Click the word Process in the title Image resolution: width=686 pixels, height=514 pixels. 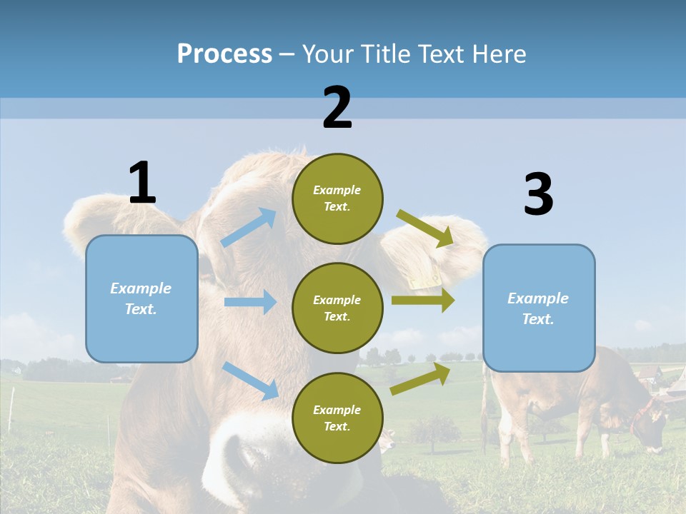click(224, 54)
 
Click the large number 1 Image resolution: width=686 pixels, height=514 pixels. click(142, 183)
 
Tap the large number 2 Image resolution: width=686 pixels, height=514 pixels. click(337, 108)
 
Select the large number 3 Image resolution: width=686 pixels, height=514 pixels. click(538, 195)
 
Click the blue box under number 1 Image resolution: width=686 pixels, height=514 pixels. click(141, 298)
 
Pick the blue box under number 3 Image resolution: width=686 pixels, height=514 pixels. click(538, 308)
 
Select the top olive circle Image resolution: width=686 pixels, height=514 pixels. click(337, 198)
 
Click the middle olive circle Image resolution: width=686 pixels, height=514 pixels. click(337, 308)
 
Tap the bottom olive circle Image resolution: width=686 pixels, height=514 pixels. click(337, 418)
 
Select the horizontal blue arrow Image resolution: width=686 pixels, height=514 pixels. click(250, 302)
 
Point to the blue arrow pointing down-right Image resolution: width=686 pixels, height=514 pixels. click(251, 381)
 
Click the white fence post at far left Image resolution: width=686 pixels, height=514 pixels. click(11, 410)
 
